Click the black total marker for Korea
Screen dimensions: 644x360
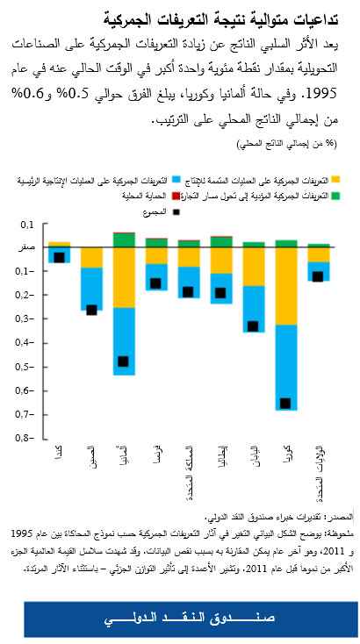pyautogui.click(x=284, y=404)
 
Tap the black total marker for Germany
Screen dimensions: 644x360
pyautogui.click(x=124, y=361)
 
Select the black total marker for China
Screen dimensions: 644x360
pyautogui.click(x=91, y=310)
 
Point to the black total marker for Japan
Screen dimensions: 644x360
pyautogui.click(x=253, y=326)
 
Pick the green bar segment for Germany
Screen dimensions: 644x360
pyautogui.click(x=124, y=240)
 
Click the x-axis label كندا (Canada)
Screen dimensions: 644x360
pyautogui.click(x=59, y=455)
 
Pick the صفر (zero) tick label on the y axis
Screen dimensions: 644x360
pyautogui.click(x=26, y=248)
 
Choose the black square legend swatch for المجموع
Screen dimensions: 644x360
pyautogui.click(x=176, y=211)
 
